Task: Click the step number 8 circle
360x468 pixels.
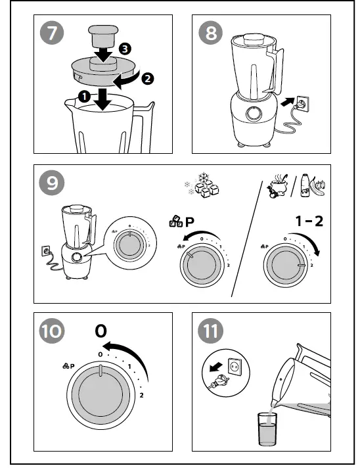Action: pos(210,32)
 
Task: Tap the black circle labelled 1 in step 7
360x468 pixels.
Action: pos(83,97)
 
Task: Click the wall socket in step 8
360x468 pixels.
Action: pos(303,103)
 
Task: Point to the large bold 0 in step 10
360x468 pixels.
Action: pos(100,331)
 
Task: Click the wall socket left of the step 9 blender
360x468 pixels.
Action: pos(47,250)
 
